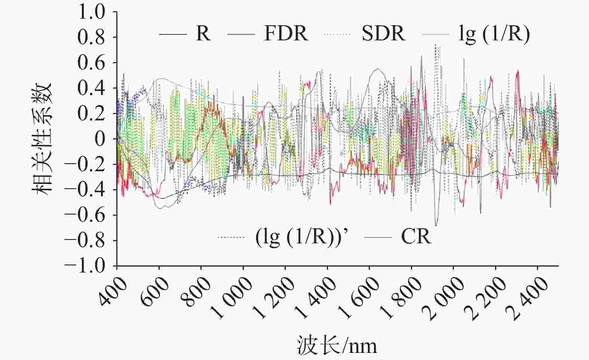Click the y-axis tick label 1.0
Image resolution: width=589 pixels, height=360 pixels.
92,12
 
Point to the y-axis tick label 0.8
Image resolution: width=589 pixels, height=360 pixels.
92,37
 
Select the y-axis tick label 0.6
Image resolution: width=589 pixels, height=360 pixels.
92,63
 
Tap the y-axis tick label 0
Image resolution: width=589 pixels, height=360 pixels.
100,139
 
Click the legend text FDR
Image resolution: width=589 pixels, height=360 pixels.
286,34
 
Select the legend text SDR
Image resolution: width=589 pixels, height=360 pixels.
383,34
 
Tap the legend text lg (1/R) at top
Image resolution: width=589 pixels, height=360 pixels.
494,34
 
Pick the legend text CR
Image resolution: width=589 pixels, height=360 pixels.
416,237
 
